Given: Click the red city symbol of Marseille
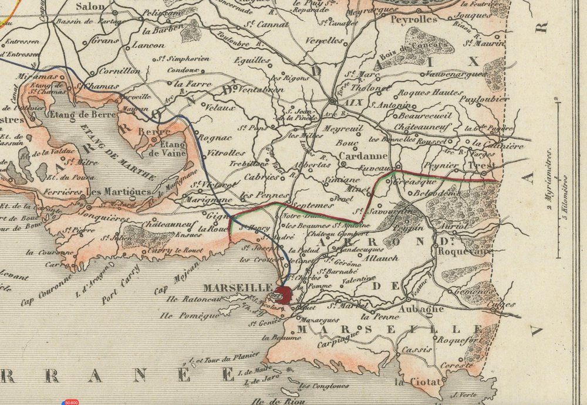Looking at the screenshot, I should (284, 295).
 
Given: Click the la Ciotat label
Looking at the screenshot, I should (417, 382).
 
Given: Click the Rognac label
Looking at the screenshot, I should (216, 138).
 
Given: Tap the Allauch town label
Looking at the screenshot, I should (381, 258).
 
